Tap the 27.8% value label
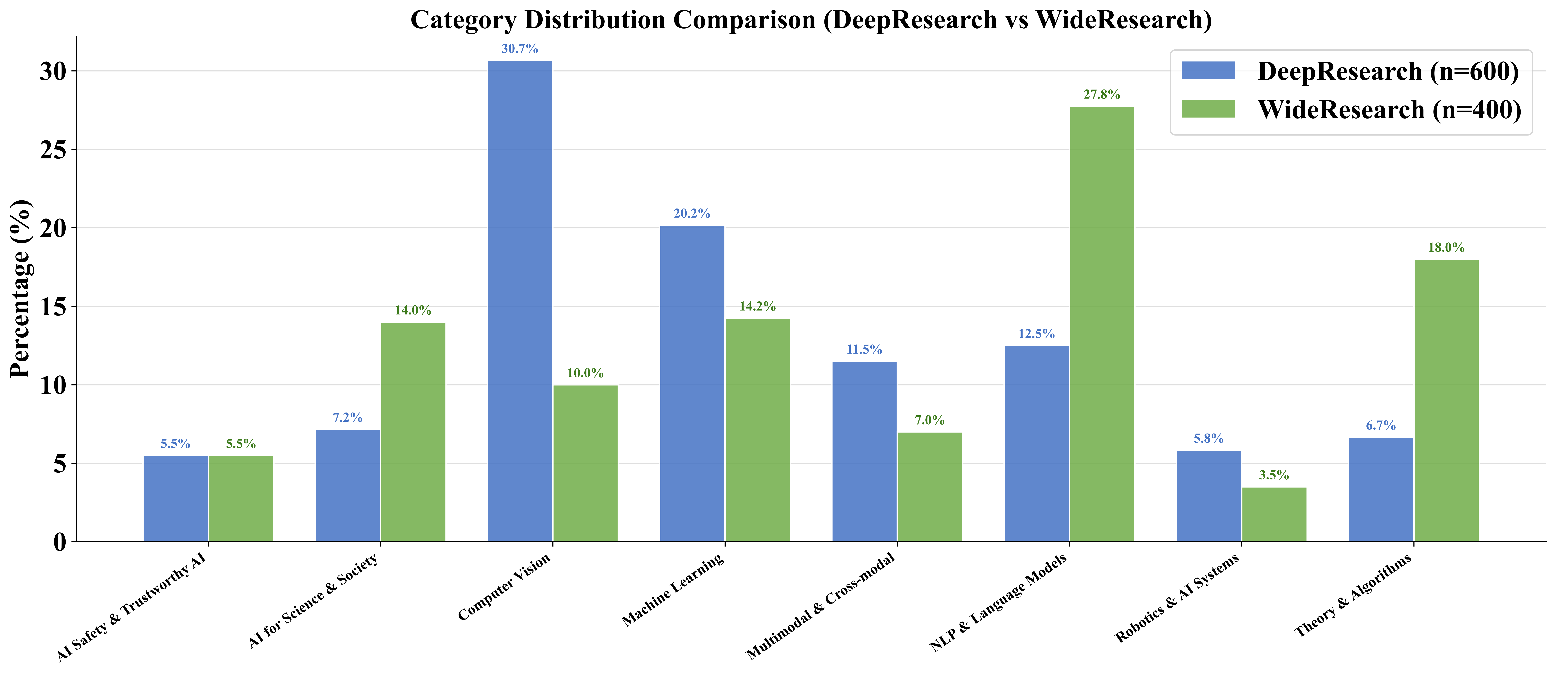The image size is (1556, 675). [x=1102, y=95]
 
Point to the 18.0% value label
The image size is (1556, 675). [x=1446, y=248]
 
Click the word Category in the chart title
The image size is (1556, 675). [x=463, y=20]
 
